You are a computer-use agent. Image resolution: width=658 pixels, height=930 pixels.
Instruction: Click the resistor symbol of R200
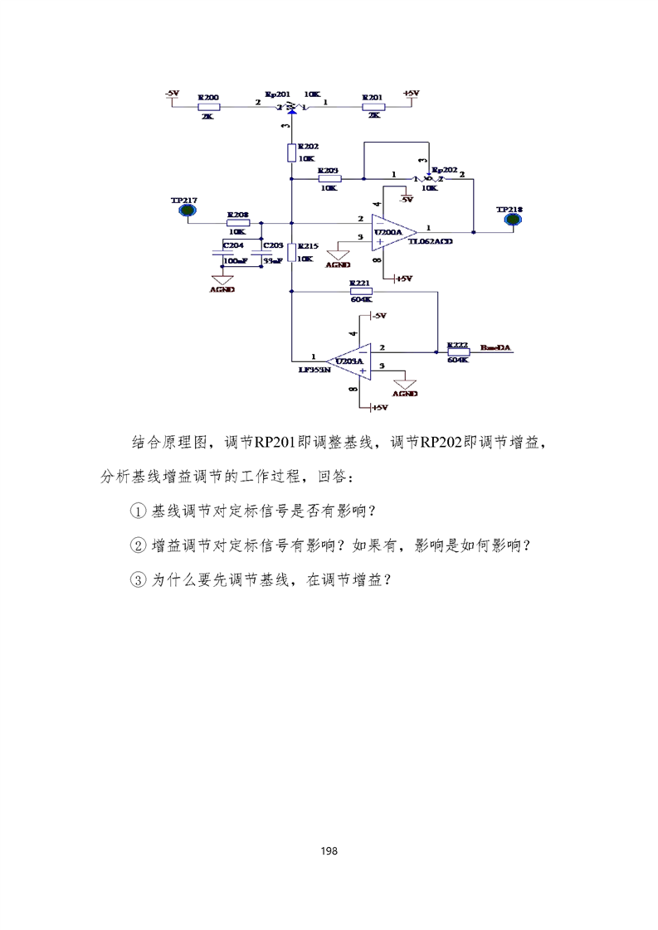click(208, 107)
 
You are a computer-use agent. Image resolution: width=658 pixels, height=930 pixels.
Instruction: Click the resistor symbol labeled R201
click(373, 107)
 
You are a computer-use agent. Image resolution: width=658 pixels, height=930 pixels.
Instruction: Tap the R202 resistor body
click(291, 153)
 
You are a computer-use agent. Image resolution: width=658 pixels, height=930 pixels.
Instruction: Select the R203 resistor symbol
click(329, 178)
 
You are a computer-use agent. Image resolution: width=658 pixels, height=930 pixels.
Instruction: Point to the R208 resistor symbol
click(238, 222)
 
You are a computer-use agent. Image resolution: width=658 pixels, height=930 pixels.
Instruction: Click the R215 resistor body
click(291, 253)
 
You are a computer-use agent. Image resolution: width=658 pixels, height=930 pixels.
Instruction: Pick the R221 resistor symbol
click(360, 291)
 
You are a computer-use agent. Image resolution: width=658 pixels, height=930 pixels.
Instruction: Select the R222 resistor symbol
click(458, 351)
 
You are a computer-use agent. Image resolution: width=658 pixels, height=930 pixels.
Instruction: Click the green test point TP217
click(188, 211)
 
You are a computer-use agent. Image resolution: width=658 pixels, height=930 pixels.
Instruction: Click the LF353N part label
click(314, 371)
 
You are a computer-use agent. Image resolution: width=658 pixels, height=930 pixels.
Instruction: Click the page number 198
click(329, 851)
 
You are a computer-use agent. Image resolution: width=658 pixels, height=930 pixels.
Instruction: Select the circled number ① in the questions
click(139, 511)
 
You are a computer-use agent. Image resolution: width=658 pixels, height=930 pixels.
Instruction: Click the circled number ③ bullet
click(139, 580)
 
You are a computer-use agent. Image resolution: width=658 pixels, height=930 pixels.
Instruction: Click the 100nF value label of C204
click(236, 261)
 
